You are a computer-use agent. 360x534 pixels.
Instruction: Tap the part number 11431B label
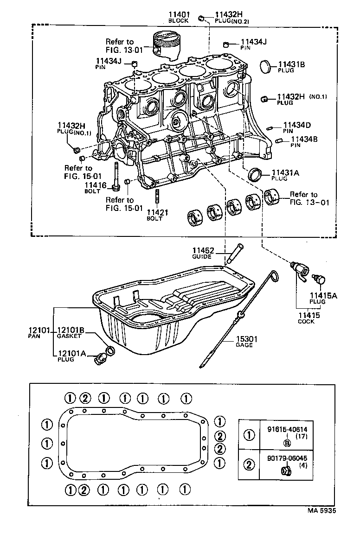click(x=291, y=64)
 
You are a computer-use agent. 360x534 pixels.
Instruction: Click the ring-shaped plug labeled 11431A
click(x=254, y=175)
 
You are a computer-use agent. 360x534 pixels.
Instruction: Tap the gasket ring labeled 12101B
click(x=110, y=350)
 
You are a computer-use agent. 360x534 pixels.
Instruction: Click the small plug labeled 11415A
click(x=319, y=279)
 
